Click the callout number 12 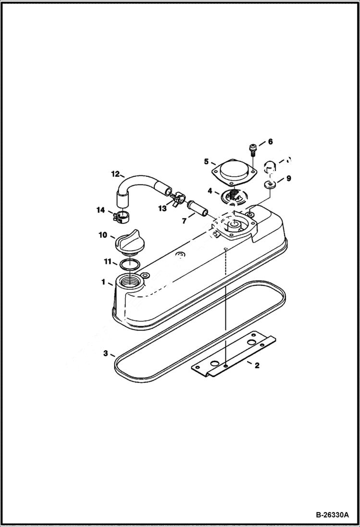(x=115, y=173)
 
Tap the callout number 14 (x=100, y=210)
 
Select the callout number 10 (x=103, y=235)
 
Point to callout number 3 (x=105, y=354)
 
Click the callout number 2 (x=257, y=366)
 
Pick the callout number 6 (x=270, y=142)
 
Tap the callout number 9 (x=288, y=178)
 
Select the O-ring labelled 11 (x=130, y=263)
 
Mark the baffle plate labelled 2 (x=234, y=353)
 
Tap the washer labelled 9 (x=269, y=185)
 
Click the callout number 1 (x=103, y=282)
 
